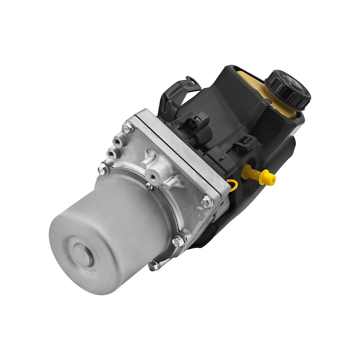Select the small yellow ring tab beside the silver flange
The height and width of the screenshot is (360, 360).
[233, 183]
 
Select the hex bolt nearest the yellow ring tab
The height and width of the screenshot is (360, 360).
[205, 202]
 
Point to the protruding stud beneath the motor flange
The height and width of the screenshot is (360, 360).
[153, 266]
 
